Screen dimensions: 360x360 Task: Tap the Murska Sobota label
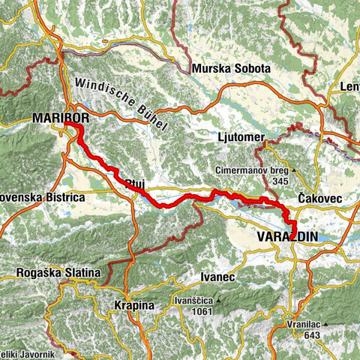pyautogui.click(x=231, y=68)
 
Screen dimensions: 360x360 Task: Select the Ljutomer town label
pyautogui.click(x=235, y=138)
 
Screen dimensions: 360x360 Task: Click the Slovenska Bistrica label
pyautogui.click(x=41, y=197)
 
